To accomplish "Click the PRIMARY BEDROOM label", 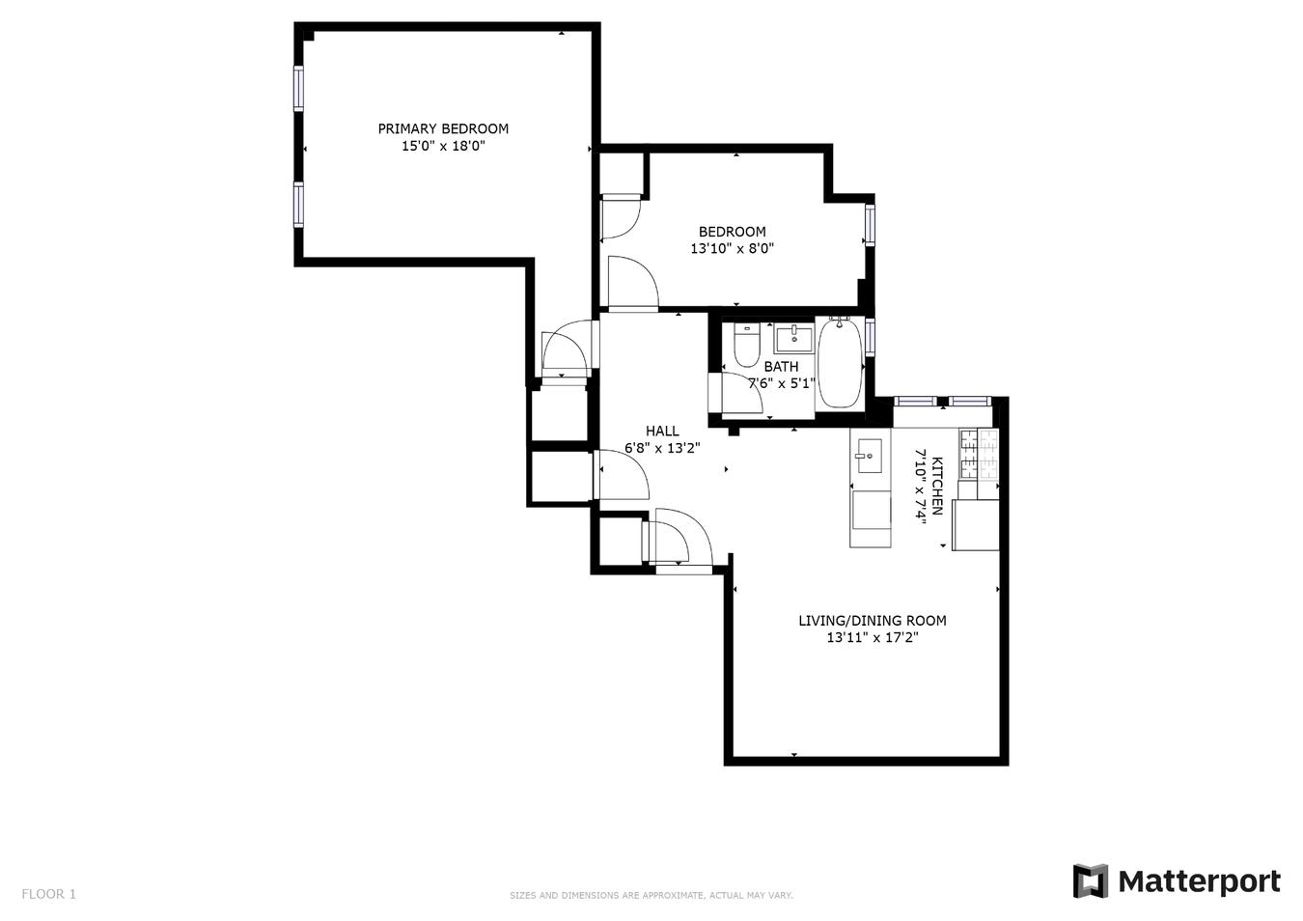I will pyautogui.click(x=443, y=128).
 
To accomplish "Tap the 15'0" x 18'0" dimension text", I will pyautogui.click(x=443, y=147).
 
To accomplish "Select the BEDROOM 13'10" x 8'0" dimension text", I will pyautogui.click(x=732, y=248).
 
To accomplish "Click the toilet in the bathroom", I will pyautogui.click(x=746, y=347).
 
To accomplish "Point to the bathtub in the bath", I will pyautogui.click(x=840, y=364).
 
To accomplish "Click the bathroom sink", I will pyautogui.click(x=793, y=339).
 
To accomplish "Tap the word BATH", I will pyautogui.click(x=781, y=367).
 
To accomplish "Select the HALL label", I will pyautogui.click(x=662, y=432).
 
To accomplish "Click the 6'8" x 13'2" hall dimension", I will pyautogui.click(x=662, y=448).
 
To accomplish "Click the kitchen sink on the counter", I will pyautogui.click(x=869, y=456).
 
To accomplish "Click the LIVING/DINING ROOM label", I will pyautogui.click(x=872, y=621).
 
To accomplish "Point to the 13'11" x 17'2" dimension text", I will pyautogui.click(x=872, y=637).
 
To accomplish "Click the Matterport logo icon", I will pyautogui.click(x=1091, y=880).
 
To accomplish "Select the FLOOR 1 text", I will pyautogui.click(x=48, y=894).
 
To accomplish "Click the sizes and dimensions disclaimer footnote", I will pyautogui.click(x=651, y=896).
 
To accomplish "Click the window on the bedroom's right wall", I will pyautogui.click(x=870, y=224).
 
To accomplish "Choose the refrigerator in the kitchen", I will pyautogui.click(x=975, y=525).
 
